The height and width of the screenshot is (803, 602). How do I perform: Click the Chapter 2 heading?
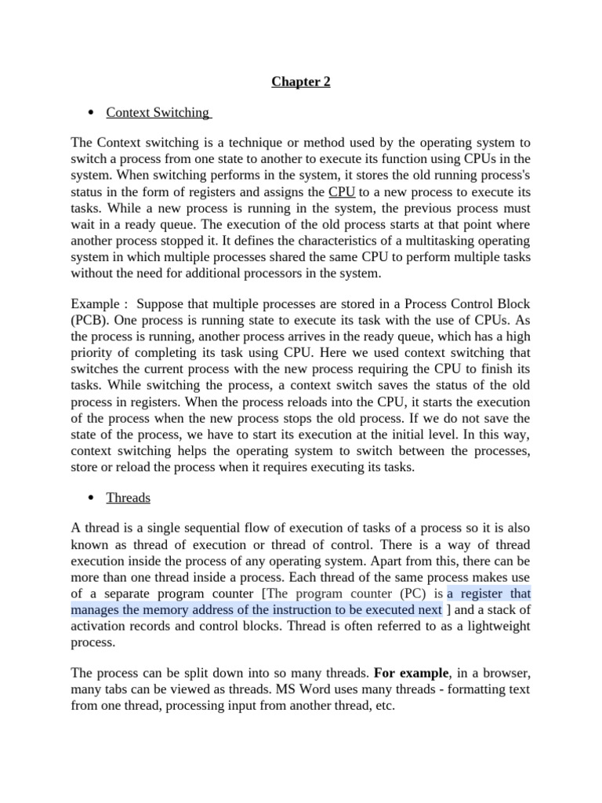click(301, 82)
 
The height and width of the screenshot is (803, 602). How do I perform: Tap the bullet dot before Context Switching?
click(92, 113)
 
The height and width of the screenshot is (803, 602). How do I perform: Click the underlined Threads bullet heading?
click(128, 497)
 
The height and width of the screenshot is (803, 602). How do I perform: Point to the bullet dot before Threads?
click(92, 498)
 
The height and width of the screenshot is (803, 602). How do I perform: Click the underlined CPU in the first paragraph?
click(342, 191)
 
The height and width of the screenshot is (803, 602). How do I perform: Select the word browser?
click(510, 672)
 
